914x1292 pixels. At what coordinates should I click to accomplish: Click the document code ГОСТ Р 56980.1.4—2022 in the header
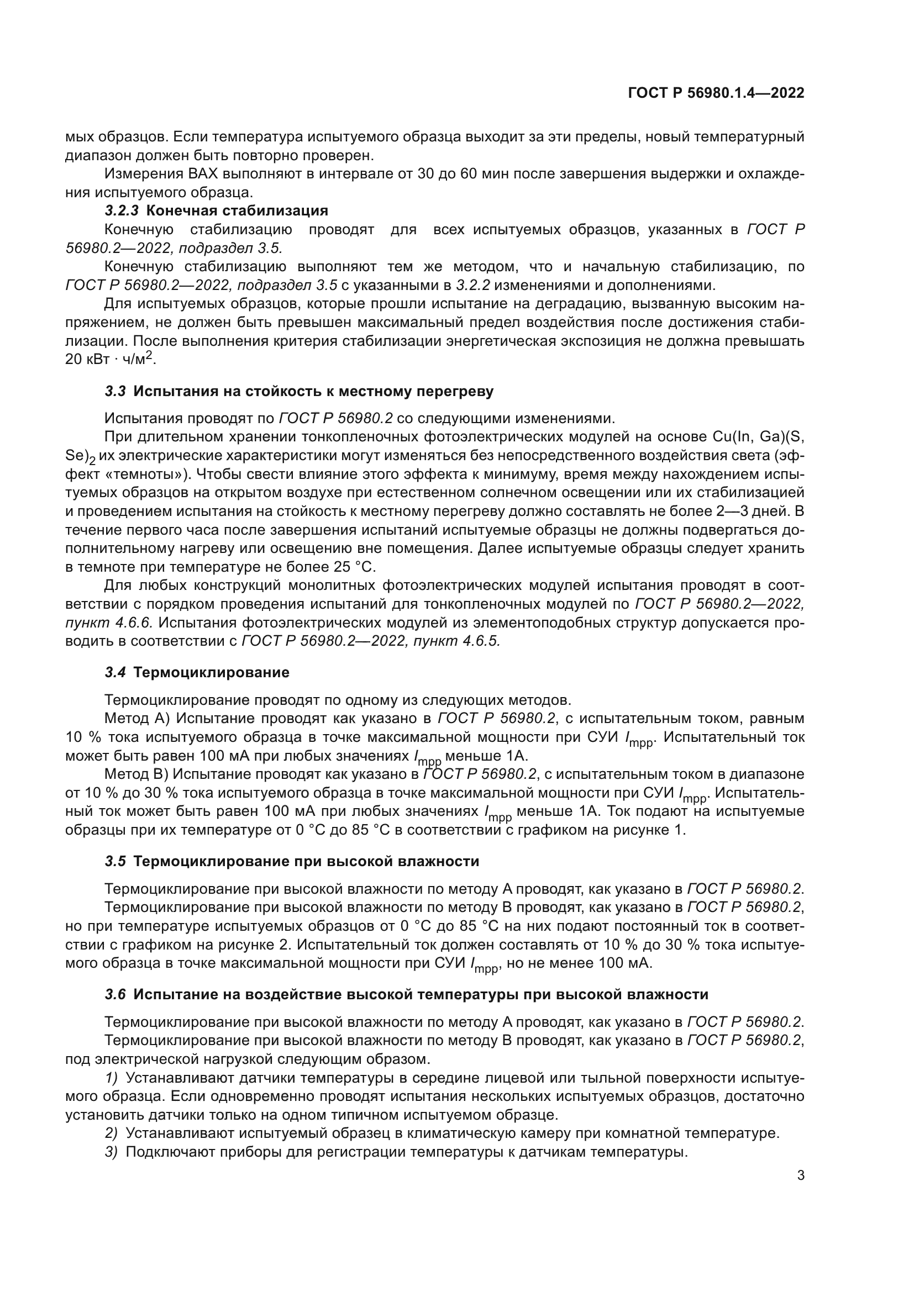click(716, 93)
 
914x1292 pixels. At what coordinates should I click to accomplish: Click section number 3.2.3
click(122, 211)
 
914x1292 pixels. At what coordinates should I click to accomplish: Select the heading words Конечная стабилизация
click(237, 211)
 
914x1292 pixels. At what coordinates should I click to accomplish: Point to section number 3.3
click(115, 392)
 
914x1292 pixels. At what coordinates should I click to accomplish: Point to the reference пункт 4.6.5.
click(456, 641)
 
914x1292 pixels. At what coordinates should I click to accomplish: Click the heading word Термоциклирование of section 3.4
click(211, 672)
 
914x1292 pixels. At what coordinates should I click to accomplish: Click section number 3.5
click(115, 862)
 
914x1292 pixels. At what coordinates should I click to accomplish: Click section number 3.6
click(115, 994)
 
